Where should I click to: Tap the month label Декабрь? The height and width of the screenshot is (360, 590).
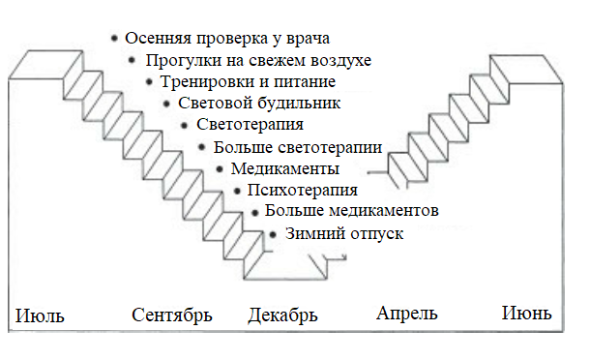tap(282, 315)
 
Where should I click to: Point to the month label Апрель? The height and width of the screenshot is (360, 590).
tap(406, 314)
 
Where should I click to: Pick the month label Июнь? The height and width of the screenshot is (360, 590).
tap(527, 314)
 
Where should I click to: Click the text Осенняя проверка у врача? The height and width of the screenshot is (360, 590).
tap(229, 39)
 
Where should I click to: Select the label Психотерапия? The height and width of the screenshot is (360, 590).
tap(303, 190)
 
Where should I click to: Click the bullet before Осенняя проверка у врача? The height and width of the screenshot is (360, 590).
tap(115, 38)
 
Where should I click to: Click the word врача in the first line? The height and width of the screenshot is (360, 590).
tap(308, 40)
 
